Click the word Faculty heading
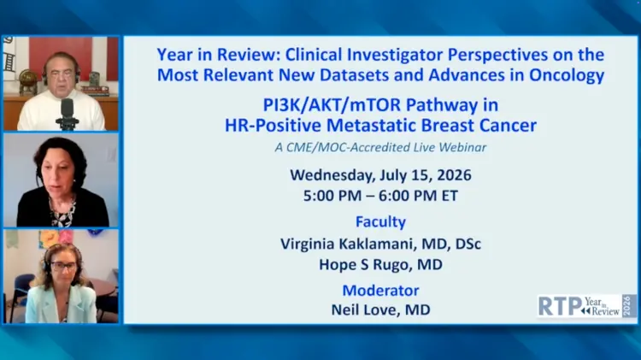pyautogui.click(x=380, y=221)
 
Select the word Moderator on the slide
pyautogui.click(x=380, y=291)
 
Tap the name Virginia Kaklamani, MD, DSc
pyautogui.click(x=380, y=245)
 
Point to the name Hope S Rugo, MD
pyautogui.click(x=380, y=265)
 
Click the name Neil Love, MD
pyautogui.click(x=380, y=310)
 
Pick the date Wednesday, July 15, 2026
pyautogui.click(x=380, y=175)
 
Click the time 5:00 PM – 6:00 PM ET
pyautogui.click(x=380, y=196)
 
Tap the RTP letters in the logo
pyautogui.click(x=560, y=306)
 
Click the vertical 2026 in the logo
pyautogui.click(x=627, y=305)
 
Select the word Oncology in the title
pyautogui.click(x=567, y=75)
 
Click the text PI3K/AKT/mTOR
pyautogui.click(x=332, y=105)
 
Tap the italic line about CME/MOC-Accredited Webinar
pyautogui.click(x=380, y=147)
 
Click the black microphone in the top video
pyautogui.click(x=67, y=114)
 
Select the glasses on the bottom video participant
pyautogui.click(x=64, y=267)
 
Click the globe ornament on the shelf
pyautogui.click(x=28, y=80)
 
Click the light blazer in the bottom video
pyautogui.click(x=62, y=304)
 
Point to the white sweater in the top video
pyautogui.click(x=62, y=110)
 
